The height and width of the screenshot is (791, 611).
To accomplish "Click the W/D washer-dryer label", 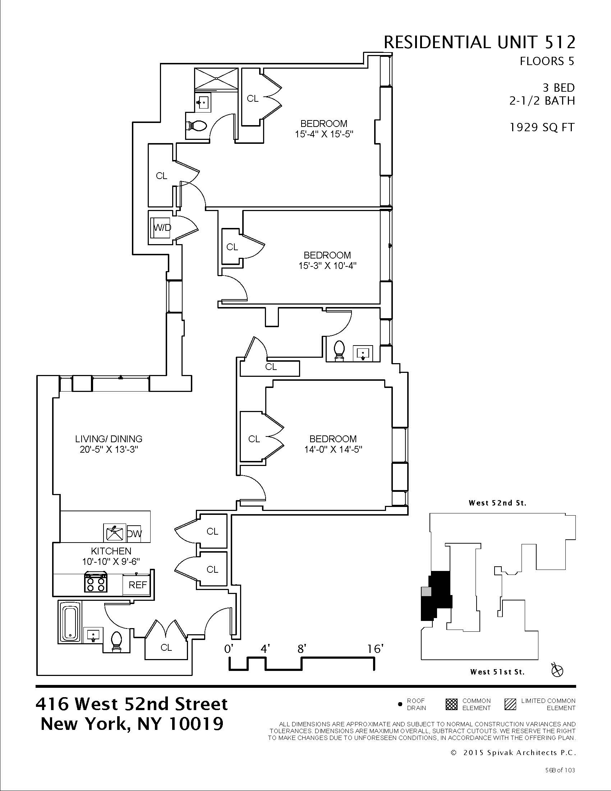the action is tap(162, 228).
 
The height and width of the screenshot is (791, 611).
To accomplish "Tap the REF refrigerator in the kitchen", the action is tap(138, 585).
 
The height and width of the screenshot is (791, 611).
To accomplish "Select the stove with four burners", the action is tap(96, 582).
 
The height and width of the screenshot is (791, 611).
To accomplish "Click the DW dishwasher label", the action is tap(134, 534).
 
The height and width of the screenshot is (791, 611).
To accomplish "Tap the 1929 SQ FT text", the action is tap(542, 128).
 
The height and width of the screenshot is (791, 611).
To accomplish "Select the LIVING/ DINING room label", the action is tap(109, 439).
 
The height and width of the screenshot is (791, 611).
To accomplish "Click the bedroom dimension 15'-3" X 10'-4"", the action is tap(327, 266).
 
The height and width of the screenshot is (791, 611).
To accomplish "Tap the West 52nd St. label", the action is tap(497, 503).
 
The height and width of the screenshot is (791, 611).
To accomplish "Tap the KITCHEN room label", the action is tap(111, 551).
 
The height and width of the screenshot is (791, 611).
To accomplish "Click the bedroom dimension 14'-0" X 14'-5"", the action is tap(333, 449).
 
